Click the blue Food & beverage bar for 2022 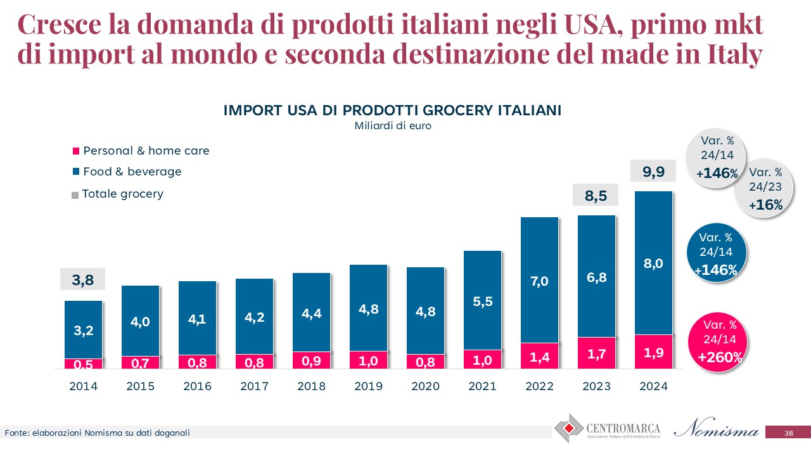pyautogui.click(x=539, y=280)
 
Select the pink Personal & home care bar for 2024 pyautogui.click(x=653, y=351)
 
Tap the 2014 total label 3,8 pyautogui.click(x=82, y=279)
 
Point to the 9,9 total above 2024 pyautogui.click(x=653, y=170)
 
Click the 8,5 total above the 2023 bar pyautogui.click(x=596, y=196)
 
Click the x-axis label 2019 pyautogui.click(x=368, y=386)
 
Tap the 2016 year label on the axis pyautogui.click(x=197, y=386)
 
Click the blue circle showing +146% pyautogui.click(x=716, y=253)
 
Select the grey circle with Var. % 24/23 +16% pyautogui.click(x=765, y=188)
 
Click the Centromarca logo pyautogui.click(x=607, y=429)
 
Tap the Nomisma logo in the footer pyautogui.click(x=717, y=430)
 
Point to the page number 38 pyautogui.click(x=788, y=433)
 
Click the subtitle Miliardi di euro pyautogui.click(x=392, y=125)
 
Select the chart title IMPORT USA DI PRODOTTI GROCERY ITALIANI pyautogui.click(x=392, y=110)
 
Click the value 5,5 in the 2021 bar pyautogui.click(x=482, y=302)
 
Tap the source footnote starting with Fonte pyautogui.click(x=98, y=433)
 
